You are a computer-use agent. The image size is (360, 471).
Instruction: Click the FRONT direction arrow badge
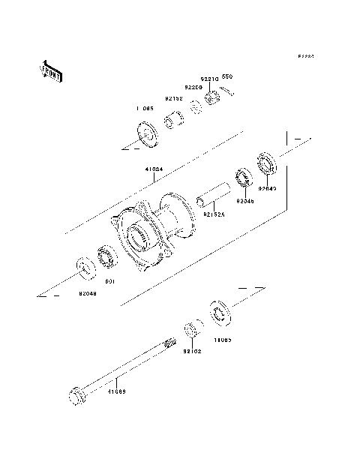coord(50,70)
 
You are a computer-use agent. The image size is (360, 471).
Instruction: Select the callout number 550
coord(227,76)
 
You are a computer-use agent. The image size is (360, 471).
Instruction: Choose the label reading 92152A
coord(213,214)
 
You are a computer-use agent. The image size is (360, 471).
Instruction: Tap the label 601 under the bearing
coord(109,281)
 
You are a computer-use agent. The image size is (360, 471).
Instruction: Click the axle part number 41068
coord(115,391)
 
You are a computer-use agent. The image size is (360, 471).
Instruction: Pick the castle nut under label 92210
coord(213,96)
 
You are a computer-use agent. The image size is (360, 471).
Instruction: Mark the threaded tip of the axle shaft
coord(170,346)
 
